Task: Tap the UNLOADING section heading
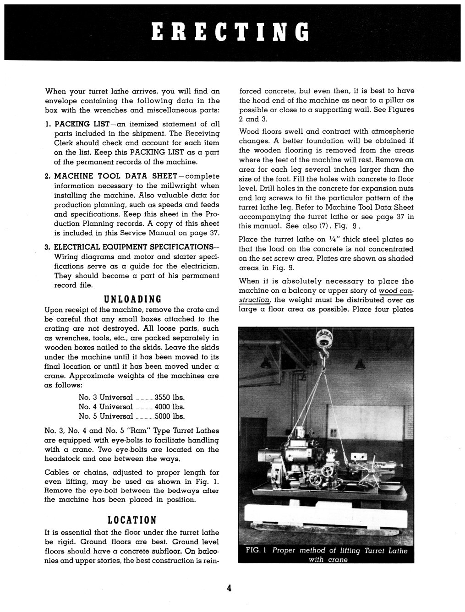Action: point(133,300)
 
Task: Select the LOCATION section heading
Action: point(132,520)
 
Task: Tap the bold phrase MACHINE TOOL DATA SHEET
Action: point(115,176)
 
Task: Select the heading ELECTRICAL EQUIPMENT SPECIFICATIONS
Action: point(136,247)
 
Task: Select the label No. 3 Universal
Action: point(106,398)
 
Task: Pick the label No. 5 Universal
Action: point(106,416)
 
